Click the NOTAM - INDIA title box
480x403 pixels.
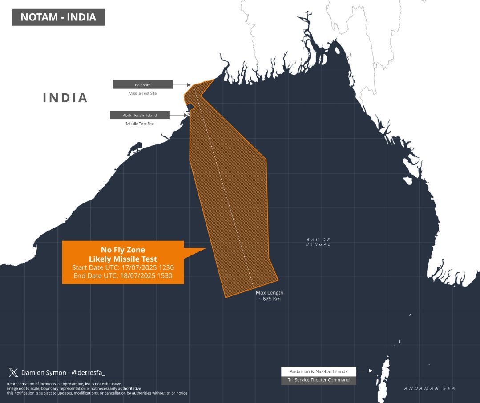pyautogui.click(x=58, y=18)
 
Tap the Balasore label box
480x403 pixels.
pyautogui.click(x=142, y=84)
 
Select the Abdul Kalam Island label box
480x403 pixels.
pyautogui.click(x=140, y=115)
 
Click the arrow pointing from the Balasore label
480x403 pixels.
pyautogui.click(x=182, y=84)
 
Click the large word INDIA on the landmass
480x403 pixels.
pyautogui.click(x=65, y=98)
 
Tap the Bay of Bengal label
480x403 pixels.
pyautogui.click(x=318, y=242)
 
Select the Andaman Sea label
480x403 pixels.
pyautogui.click(x=430, y=388)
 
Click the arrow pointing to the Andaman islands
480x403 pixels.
pyautogui.click(x=365, y=371)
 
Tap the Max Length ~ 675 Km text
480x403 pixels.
pyautogui.click(x=269, y=296)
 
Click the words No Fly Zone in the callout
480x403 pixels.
pyautogui.click(x=122, y=250)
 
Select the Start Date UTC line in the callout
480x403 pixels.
pyautogui.click(x=122, y=267)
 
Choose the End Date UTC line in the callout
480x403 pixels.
pyautogui.click(x=122, y=276)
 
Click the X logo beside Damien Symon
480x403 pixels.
pyautogui.click(x=13, y=373)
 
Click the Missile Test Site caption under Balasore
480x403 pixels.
pyautogui.click(x=142, y=93)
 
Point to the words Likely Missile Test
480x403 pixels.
pyautogui.click(x=122, y=259)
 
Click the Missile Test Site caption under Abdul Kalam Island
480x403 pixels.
pyautogui.click(x=140, y=124)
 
